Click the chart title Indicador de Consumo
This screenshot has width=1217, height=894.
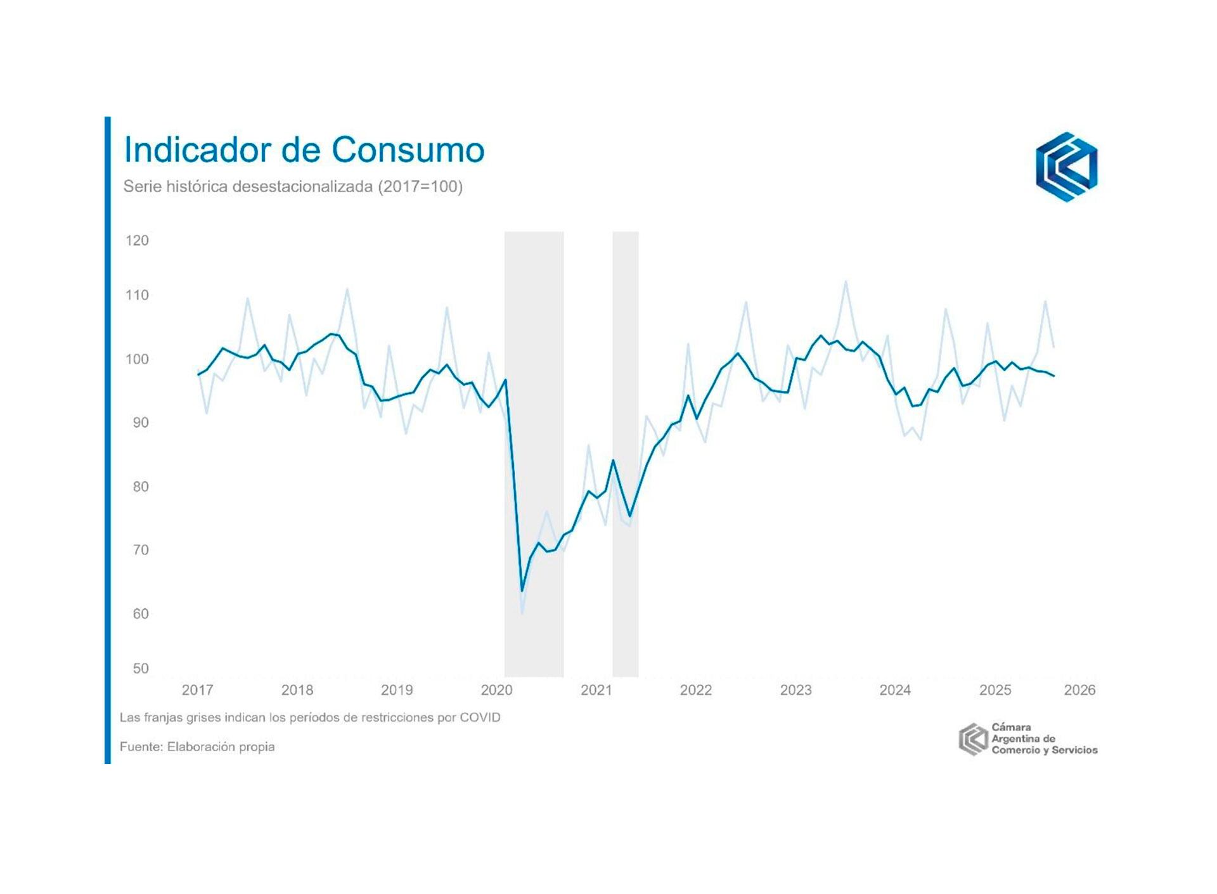coord(304,150)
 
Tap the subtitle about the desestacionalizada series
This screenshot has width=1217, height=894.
coord(293,187)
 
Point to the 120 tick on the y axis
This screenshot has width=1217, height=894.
coord(137,241)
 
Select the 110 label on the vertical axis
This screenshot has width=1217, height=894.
coord(137,295)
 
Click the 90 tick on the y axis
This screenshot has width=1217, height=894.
coord(140,423)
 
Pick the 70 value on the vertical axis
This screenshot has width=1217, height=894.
coord(140,550)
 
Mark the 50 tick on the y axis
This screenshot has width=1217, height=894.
coord(140,668)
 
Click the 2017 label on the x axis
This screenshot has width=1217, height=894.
coord(197,690)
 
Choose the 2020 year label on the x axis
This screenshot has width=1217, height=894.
coord(496,690)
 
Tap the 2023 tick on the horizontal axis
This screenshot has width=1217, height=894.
coord(795,690)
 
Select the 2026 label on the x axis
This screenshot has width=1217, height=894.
coord(1079,690)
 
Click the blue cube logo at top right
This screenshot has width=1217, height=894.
coord(1066,167)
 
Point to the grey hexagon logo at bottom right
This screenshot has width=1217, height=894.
coord(973,739)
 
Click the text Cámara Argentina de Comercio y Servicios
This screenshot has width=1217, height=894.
coord(1044,739)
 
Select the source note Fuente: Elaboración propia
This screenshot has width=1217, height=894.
coord(197,747)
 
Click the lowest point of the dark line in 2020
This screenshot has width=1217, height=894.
coord(522,591)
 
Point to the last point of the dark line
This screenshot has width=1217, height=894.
coord(1053,376)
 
